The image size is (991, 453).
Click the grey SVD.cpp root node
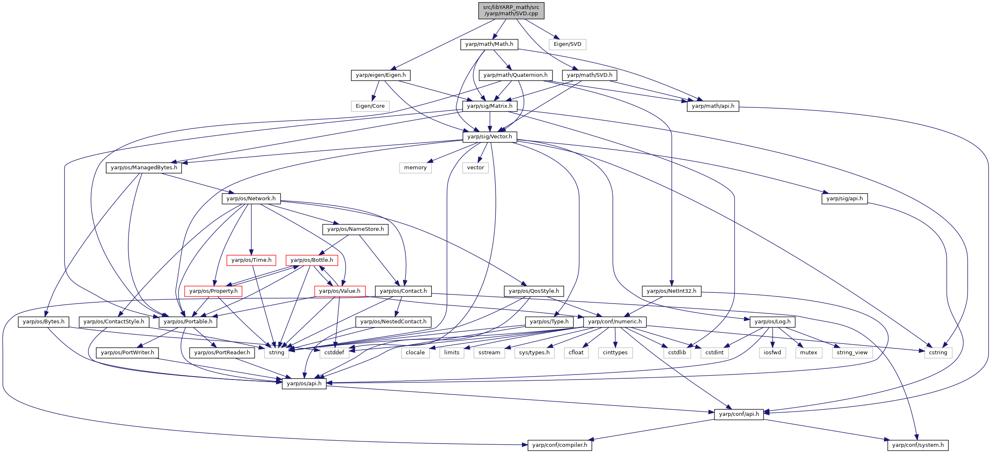[511, 10]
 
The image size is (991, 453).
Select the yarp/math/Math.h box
[489, 44]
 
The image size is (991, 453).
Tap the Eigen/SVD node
[567, 44]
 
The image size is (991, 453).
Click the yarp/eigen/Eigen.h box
[381, 75]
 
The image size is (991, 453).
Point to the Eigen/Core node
[370, 106]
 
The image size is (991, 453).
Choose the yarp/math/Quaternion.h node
[515, 75]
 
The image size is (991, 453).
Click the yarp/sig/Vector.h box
[489, 137]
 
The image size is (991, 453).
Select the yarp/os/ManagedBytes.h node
[144, 168]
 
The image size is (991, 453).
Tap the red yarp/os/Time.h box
[251, 260]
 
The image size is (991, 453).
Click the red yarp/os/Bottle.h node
[312, 260]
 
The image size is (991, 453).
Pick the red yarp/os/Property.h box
[213, 291]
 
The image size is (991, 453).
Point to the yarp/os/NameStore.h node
[355, 229]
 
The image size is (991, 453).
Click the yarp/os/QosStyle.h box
[534, 291]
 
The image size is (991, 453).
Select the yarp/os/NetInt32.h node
[671, 291]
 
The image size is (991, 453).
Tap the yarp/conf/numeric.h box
[615, 322]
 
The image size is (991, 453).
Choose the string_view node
[852, 353]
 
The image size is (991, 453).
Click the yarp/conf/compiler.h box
[560, 445]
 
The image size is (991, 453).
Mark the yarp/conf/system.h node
[918, 445]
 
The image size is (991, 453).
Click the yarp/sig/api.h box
[844, 199]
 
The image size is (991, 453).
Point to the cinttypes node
[615, 353]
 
